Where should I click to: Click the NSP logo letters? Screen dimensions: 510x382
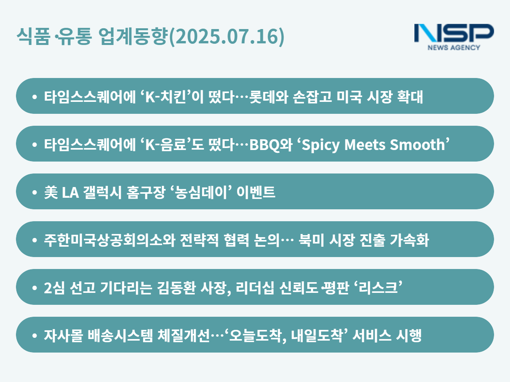454,33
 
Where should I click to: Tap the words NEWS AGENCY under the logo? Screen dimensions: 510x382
454,47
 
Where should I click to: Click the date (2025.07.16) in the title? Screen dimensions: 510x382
227,37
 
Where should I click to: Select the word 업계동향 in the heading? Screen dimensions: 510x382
133,36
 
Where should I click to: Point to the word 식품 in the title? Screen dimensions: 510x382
33,36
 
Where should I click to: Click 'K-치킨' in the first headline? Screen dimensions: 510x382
165,97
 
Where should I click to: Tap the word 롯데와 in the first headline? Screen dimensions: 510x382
269,97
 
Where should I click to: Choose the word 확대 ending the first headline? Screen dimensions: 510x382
410,97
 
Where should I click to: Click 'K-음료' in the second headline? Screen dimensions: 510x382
165,144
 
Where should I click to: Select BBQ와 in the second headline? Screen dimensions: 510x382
271,145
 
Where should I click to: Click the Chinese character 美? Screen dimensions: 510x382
51,192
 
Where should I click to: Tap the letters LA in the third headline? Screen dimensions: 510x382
71,193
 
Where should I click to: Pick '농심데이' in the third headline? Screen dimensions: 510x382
201,192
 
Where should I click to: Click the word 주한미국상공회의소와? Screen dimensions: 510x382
110,240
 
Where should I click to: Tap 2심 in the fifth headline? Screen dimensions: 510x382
54,288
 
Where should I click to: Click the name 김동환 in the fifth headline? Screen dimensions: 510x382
176,288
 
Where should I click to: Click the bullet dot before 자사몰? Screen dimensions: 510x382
35,335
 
